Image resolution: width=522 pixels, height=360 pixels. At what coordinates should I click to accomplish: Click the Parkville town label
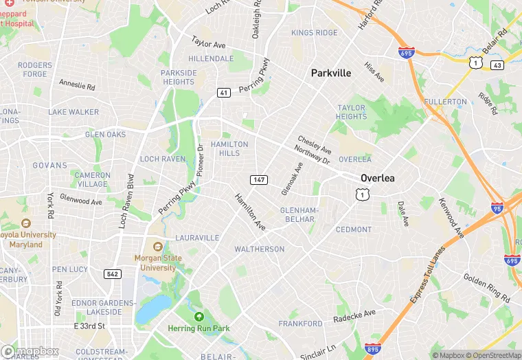(330, 73)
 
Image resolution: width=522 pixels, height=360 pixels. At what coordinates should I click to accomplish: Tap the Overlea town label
(378, 178)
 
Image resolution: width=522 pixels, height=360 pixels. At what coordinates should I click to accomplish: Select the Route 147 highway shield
(258, 179)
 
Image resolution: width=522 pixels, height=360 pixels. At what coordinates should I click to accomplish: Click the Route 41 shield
(224, 92)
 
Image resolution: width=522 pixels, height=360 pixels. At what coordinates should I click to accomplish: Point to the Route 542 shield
(113, 273)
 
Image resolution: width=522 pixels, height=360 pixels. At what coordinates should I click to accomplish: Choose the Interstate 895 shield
(373, 349)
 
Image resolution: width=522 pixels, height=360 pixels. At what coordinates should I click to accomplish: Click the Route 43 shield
(497, 65)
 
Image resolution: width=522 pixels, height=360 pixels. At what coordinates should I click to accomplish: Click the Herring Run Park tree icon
(199, 317)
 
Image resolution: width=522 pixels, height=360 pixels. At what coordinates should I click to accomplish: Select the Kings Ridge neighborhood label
(314, 33)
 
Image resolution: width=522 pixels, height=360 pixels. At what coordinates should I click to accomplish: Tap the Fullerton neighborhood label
(445, 102)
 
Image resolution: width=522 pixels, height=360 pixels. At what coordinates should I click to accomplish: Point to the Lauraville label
(197, 238)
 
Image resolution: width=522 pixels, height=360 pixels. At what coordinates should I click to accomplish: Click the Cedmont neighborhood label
(353, 229)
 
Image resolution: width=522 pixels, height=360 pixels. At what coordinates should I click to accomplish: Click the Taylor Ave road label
(209, 43)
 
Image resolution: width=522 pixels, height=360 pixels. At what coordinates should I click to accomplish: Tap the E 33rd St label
(89, 326)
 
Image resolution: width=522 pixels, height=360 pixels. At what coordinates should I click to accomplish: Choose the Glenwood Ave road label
(81, 202)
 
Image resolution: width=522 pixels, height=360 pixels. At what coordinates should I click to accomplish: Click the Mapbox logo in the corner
(30, 351)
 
